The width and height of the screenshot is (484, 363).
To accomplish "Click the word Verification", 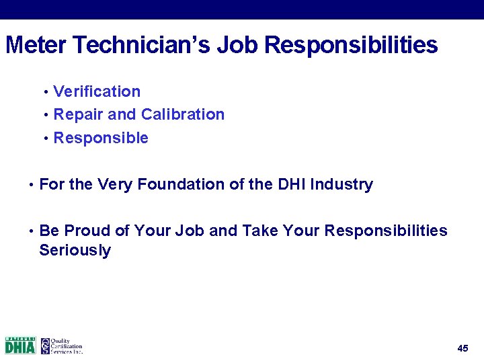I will point(97,91).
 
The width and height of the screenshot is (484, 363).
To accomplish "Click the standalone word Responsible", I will point(101,138).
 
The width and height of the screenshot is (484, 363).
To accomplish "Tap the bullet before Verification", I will point(46,92).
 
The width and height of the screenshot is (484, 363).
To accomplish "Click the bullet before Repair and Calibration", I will point(46,115).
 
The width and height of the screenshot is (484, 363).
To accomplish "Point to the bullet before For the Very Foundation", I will point(32,185).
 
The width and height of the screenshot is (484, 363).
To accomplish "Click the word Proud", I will point(87,231).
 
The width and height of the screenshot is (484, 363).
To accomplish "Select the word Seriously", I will point(75,251).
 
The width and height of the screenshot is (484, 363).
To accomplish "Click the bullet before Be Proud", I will point(32,231).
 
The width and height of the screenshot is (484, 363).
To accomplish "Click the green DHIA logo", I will point(20,346).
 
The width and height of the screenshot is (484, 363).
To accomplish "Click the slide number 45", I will point(462,348).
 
